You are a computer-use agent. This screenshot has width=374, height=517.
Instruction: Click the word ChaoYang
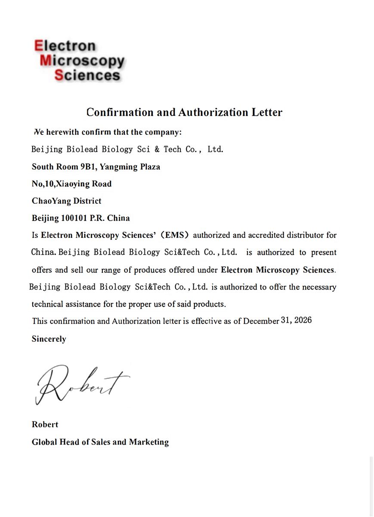[49, 201]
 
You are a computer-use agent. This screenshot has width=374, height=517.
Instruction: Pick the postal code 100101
[74, 218]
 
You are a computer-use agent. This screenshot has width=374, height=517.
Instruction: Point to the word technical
[47, 304]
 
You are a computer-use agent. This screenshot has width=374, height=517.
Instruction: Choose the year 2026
[303, 321]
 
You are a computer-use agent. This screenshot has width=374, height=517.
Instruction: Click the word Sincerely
[49, 339]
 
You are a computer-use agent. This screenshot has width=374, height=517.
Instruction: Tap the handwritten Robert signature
[82, 383]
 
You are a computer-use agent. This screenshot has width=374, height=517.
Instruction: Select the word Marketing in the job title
[148, 442]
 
